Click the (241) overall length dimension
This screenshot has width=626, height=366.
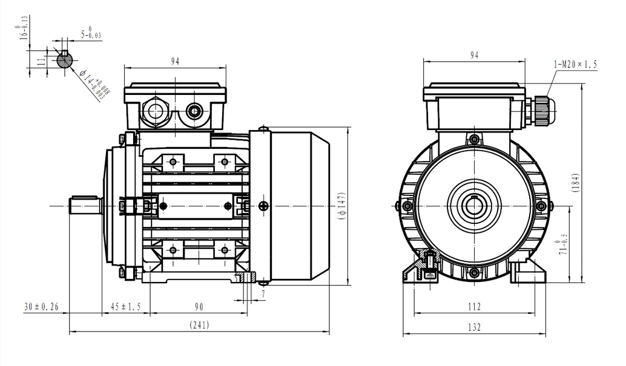click(x=199, y=325)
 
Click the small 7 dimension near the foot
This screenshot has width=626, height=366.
click(x=264, y=294)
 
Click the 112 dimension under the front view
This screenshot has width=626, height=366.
click(x=474, y=307)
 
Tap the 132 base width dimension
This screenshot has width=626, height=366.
click(x=474, y=327)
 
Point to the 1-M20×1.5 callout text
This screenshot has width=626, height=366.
click(x=575, y=64)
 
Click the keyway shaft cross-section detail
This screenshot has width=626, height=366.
click(x=65, y=60)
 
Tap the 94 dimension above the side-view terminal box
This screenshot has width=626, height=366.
click(x=175, y=60)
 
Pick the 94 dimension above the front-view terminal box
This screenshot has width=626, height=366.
click(x=474, y=55)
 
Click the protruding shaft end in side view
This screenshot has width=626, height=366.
click(x=85, y=206)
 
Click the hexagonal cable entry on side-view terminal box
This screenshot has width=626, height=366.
click(x=156, y=111)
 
